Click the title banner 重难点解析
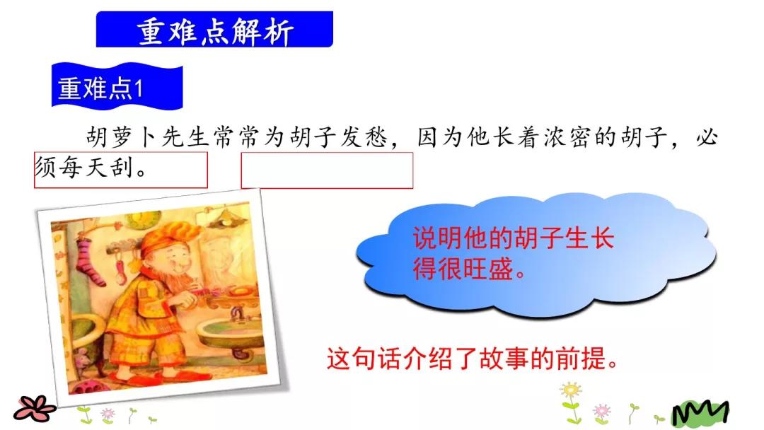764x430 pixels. click(214, 30)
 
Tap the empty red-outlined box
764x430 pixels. click(327, 170)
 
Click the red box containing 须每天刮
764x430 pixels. click(120, 170)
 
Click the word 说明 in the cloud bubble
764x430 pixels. click(432, 239)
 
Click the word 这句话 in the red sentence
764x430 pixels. click(361, 359)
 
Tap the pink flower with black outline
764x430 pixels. click(34, 407)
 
